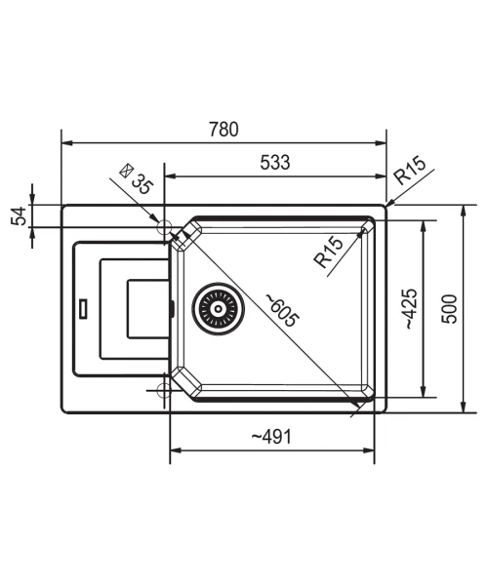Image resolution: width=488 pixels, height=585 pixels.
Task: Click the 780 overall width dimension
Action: [224, 129]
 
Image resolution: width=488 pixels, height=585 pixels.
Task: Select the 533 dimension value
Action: [275, 162]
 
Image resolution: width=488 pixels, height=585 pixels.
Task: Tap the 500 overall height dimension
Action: [449, 309]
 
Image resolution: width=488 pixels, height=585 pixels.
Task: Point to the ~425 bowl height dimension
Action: [411, 308]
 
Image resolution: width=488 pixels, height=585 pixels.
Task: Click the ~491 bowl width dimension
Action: [271, 436]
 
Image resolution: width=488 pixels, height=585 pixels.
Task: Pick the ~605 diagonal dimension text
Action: [283, 310]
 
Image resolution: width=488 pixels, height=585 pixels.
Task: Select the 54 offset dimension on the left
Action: [19, 215]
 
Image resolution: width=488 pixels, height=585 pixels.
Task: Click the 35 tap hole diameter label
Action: [142, 184]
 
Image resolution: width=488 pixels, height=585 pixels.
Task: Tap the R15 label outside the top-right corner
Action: [410, 171]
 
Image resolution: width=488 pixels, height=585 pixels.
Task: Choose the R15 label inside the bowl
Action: [329, 252]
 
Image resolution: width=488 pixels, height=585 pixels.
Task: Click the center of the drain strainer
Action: [218, 308]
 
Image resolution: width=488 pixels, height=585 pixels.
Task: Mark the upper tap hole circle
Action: [164, 227]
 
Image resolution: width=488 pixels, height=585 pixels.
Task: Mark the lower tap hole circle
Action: [164, 390]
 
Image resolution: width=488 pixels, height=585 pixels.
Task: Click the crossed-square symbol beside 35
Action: [126, 171]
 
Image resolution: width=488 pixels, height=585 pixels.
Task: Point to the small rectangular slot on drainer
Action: [83, 308]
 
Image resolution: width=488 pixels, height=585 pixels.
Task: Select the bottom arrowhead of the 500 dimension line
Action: [463, 408]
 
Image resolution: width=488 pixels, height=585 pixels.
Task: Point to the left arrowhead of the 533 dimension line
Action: [170, 176]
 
